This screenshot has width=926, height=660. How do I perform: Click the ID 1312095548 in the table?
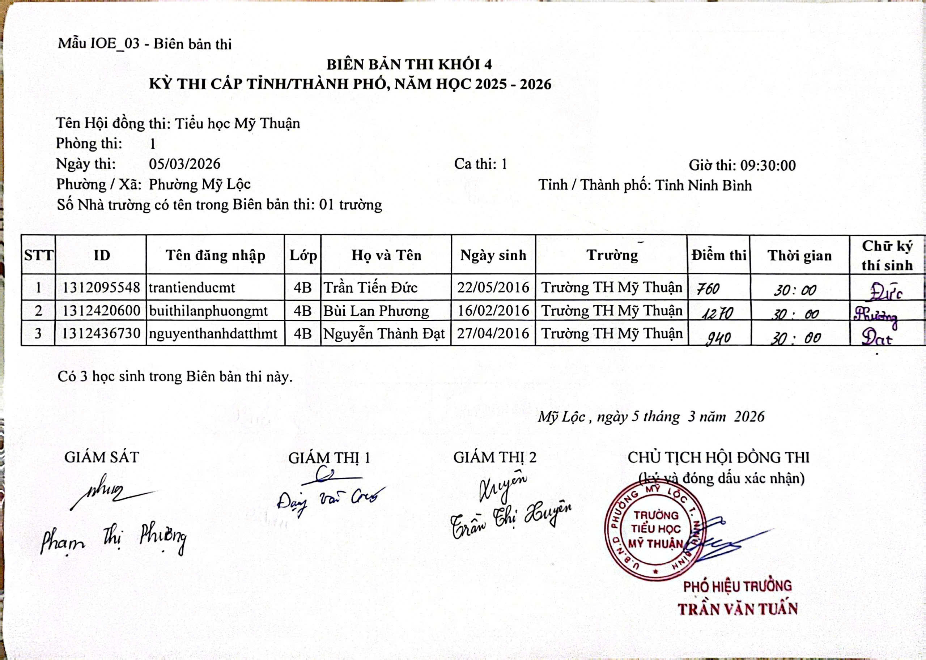point(101,288)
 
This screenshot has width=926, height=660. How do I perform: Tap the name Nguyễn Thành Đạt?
point(384,334)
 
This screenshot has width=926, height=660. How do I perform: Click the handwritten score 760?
point(708,289)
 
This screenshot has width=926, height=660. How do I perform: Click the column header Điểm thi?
point(719,255)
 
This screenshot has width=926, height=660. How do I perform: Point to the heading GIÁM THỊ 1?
point(329,458)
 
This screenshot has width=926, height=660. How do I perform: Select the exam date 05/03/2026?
point(184,164)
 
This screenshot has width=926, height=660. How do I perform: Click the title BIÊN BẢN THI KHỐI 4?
point(409,64)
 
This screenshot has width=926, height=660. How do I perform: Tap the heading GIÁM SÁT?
point(101,457)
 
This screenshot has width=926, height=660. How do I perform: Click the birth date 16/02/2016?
point(493,311)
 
